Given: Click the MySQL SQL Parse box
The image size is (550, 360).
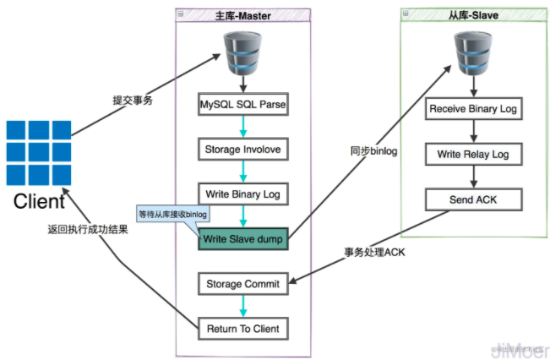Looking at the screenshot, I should (242, 106).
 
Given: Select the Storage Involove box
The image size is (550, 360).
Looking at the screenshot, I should (242, 150).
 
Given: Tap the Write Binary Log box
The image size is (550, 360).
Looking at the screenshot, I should (242, 194).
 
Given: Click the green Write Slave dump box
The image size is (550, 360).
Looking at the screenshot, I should (243, 239).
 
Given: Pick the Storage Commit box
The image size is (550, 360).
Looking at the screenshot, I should (242, 284).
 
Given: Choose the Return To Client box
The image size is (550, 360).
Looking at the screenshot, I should (242, 328).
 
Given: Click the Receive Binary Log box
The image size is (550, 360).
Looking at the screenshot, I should (473, 109).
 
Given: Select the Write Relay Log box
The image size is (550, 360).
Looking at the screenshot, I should (473, 155).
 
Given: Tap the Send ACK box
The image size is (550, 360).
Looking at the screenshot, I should (473, 199).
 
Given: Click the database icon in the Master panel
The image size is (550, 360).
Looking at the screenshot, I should (242, 52).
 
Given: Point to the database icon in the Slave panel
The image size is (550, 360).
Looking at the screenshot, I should (472, 52).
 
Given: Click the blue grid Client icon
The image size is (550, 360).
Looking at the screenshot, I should (38, 153).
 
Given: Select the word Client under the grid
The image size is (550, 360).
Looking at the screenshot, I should (39, 201).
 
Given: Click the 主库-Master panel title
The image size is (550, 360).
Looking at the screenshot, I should (243, 15).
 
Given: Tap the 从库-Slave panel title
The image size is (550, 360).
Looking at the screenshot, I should (472, 14).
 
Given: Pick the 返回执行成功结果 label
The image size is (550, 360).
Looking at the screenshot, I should (88, 229).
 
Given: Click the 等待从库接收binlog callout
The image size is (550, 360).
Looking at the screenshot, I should (172, 215).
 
